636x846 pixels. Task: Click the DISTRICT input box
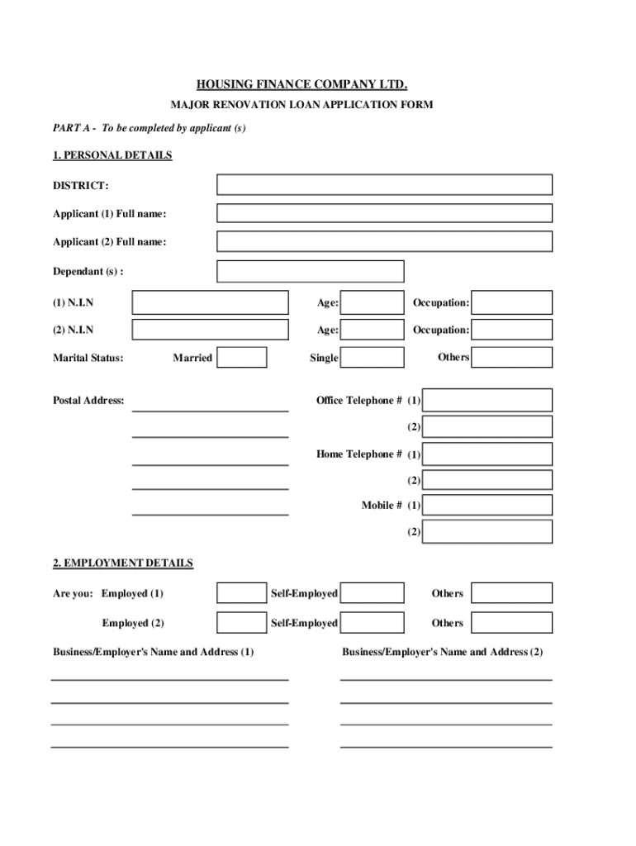(x=384, y=184)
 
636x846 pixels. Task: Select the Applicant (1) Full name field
(x=384, y=213)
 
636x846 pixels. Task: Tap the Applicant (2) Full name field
(x=384, y=241)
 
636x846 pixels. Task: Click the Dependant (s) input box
(x=310, y=271)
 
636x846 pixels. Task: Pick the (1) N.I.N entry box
(x=210, y=302)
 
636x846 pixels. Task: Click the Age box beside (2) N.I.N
(x=372, y=330)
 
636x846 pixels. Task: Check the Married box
(x=241, y=357)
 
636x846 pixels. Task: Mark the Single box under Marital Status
(x=372, y=357)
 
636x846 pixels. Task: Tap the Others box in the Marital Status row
(x=512, y=357)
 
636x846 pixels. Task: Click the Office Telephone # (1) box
(x=487, y=400)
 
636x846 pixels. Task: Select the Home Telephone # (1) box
(x=487, y=454)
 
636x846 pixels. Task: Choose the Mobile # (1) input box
(x=487, y=504)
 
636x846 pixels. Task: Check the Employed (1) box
(x=241, y=593)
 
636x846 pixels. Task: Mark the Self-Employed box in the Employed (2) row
(x=372, y=622)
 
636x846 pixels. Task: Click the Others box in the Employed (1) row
(x=512, y=593)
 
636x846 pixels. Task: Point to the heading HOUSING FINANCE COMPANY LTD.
(x=301, y=85)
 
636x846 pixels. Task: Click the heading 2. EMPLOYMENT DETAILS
(x=123, y=563)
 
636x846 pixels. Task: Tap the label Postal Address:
(x=88, y=401)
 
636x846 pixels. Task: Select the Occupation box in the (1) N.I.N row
(x=512, y=302)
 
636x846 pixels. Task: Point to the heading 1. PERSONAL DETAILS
(x=112, y=155)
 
